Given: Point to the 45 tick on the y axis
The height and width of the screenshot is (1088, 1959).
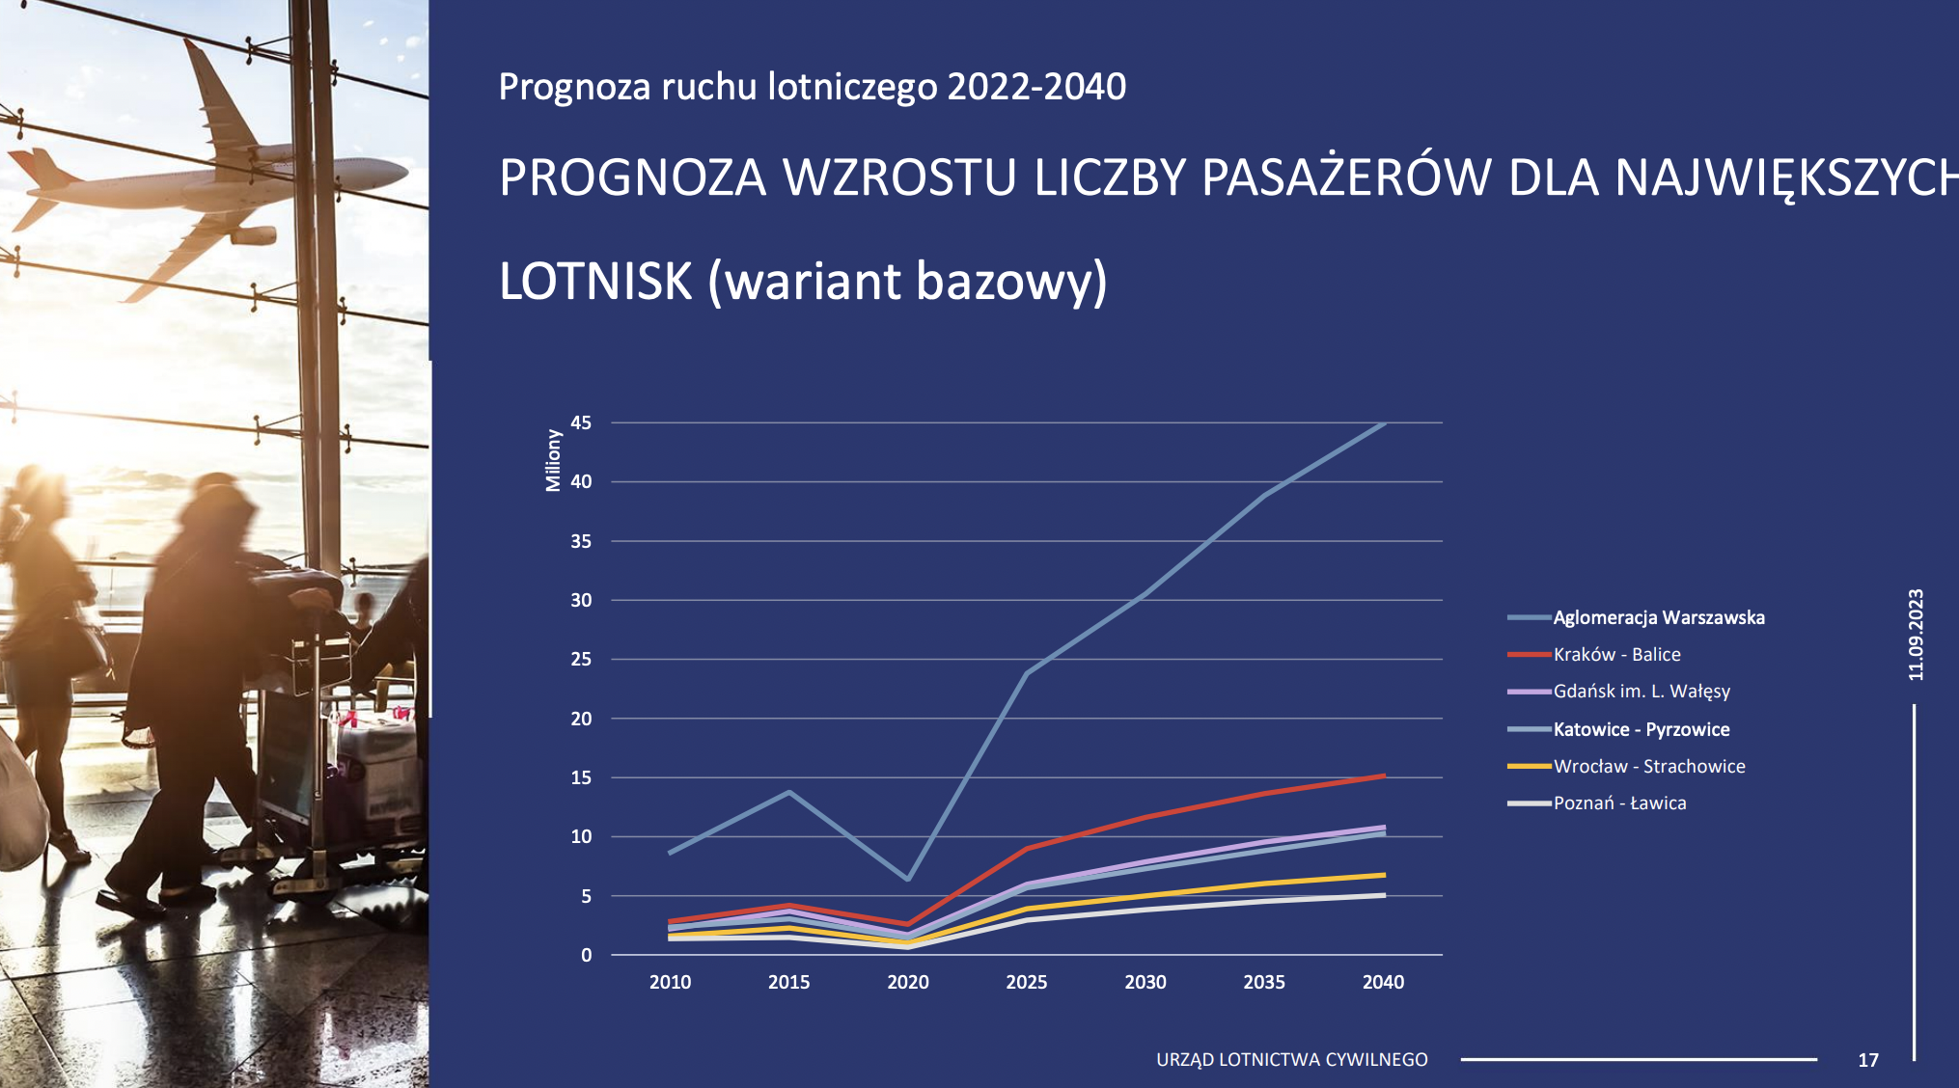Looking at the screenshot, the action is tap(581, 422).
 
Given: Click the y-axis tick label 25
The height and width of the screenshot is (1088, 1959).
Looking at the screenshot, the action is tap(581, 659).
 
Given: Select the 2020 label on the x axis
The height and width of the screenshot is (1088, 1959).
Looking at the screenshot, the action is tap(908, 982).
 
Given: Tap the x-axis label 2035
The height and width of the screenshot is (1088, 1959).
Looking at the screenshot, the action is tap(1264, 982).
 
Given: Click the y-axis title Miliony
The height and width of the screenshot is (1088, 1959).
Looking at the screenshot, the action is tap(553, 460).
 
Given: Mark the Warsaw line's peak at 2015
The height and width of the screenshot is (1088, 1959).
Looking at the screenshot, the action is tap(789, 792).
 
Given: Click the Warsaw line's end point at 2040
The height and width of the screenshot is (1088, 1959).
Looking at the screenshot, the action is tap(1385, 422).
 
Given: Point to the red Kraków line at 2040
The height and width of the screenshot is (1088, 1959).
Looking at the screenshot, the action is tap(1385, 775).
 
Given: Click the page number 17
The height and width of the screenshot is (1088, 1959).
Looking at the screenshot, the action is tap(1868, 1060).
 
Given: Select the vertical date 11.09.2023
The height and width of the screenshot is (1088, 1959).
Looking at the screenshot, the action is tap(1916, 635).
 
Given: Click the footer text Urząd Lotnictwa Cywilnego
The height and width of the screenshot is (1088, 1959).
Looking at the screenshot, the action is tap(1292, 1059).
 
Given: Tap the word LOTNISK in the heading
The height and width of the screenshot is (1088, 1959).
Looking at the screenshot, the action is tap(595, 281).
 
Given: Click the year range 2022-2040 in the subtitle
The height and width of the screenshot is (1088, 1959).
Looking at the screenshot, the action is tap(1036, 87).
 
